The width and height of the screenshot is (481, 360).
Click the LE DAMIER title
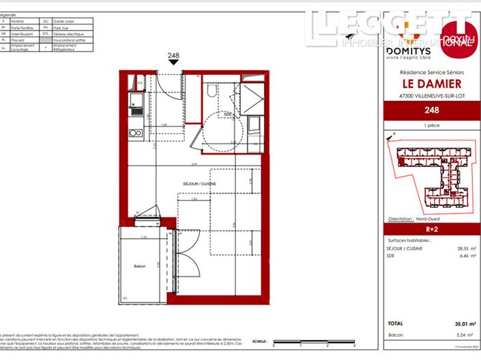431,83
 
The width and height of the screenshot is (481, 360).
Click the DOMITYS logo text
408,51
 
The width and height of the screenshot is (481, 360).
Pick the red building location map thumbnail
431,174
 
